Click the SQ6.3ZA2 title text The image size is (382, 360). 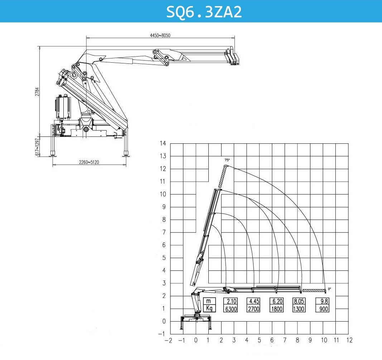204,12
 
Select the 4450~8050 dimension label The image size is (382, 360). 160,35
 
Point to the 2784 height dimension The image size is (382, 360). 37,92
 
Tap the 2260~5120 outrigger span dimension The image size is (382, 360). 89,162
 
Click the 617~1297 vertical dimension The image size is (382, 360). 37,147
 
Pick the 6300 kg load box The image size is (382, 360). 231,309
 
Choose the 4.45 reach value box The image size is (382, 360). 253,301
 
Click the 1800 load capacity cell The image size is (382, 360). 276,309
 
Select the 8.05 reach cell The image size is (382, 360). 299,301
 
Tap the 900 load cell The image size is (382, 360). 323,309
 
